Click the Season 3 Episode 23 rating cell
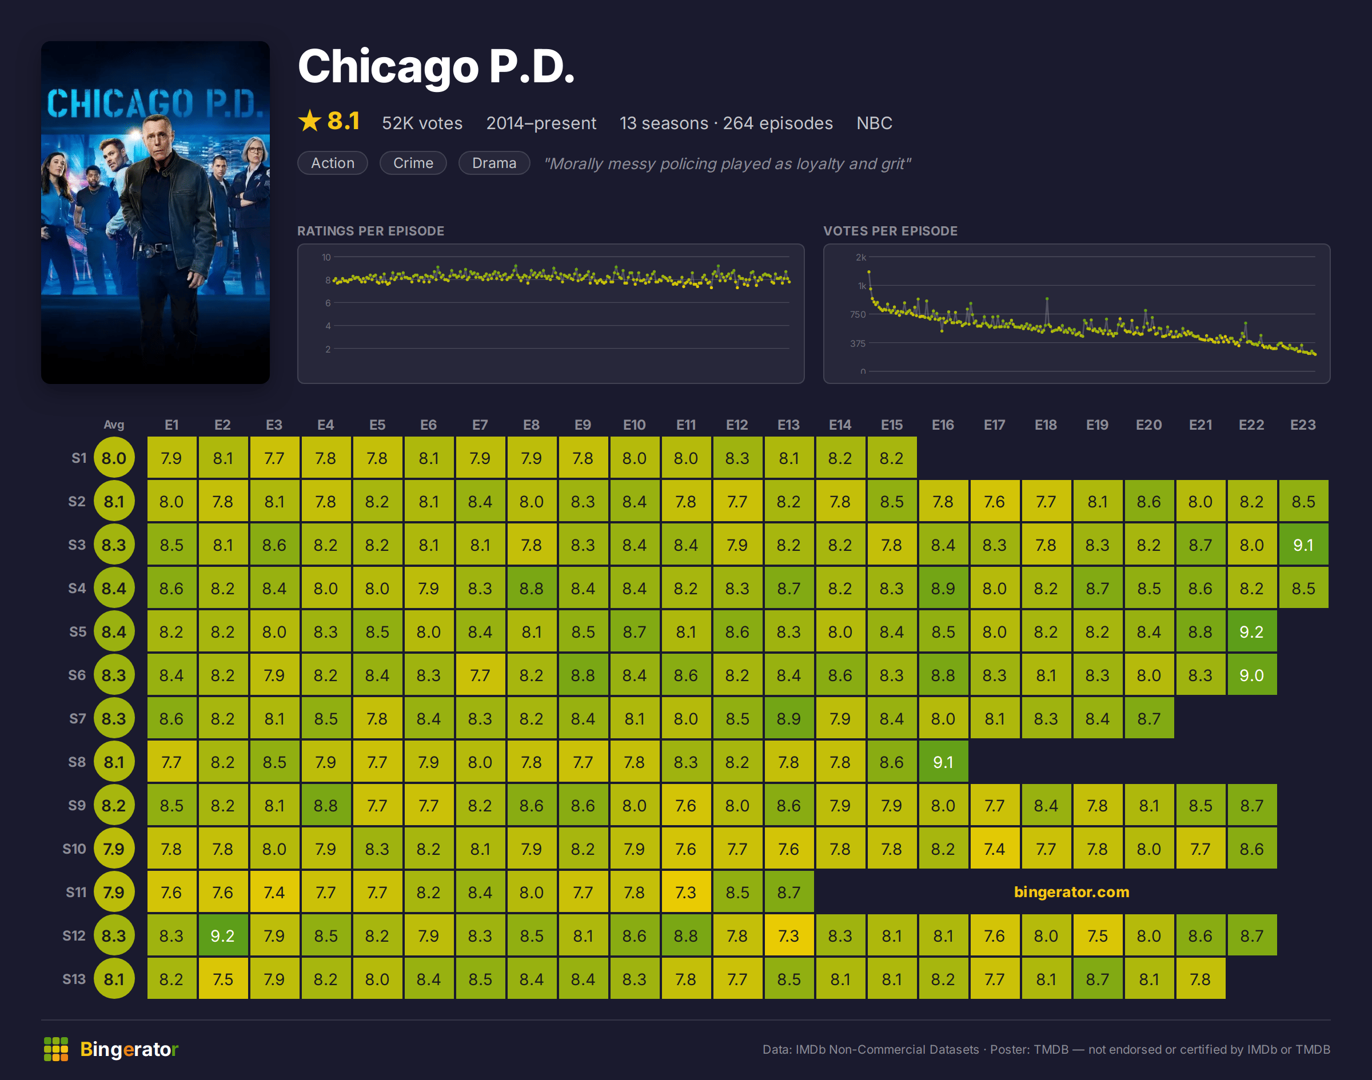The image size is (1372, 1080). [1303, 545]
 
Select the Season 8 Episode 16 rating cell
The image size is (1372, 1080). [943, 761]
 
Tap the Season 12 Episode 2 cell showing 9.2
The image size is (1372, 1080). [222, 935]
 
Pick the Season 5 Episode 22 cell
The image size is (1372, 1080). [1251, 631]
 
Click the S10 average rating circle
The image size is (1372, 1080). [114, 849]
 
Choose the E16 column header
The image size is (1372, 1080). [943, 425]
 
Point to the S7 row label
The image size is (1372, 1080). [77, 718]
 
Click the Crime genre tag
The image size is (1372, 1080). [413, 163]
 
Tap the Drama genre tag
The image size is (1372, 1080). [494, 163]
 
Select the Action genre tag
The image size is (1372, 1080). [333, 163]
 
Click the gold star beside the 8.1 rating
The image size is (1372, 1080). [310, 120]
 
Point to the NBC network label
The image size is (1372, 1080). [874, 123]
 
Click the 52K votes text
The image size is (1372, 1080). [422, 123]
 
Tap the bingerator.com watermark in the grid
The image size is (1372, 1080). [1071, 891]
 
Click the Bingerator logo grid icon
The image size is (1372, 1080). [56, 1049]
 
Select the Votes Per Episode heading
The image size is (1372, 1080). [890, 231]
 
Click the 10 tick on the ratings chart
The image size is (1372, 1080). [326, 257]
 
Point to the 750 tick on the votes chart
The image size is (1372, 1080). [857, 314]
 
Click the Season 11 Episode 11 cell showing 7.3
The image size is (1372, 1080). [685, 891]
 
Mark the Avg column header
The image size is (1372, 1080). [114, 425]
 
